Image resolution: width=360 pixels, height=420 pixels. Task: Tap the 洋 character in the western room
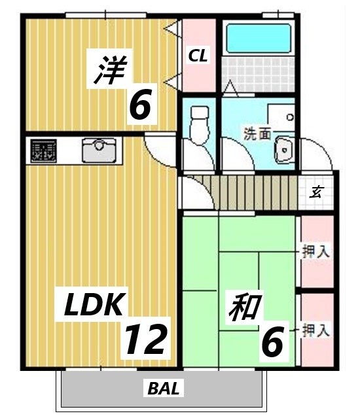point(109,71)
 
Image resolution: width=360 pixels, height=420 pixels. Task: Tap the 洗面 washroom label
point(257,135)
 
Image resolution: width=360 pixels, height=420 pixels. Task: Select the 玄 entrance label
point(317,192)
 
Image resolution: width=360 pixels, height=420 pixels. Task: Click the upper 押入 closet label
point(315,250)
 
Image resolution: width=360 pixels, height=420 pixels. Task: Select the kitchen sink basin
point(101,152)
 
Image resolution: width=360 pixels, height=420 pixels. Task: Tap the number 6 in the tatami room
point(272,342)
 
